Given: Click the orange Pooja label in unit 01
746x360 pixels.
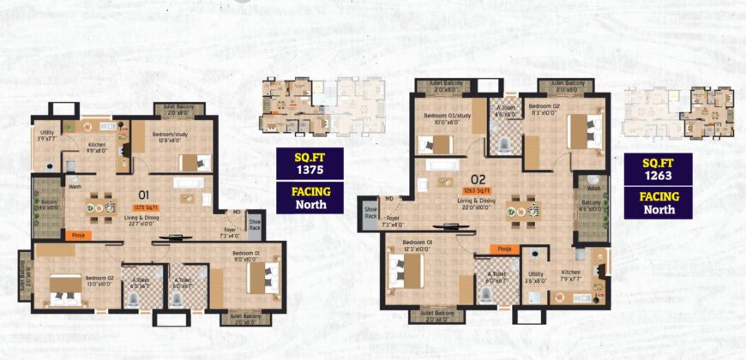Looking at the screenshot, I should pos(75,234).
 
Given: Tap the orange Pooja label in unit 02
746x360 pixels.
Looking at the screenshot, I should pos(504,249).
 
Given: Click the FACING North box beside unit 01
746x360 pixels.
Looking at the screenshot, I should pos(309,198).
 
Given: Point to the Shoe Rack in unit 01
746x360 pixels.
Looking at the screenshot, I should pos(255,225).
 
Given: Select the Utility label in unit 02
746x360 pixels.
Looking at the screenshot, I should pos(537,277).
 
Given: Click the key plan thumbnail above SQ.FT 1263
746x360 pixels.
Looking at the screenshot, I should pos(679,112).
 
